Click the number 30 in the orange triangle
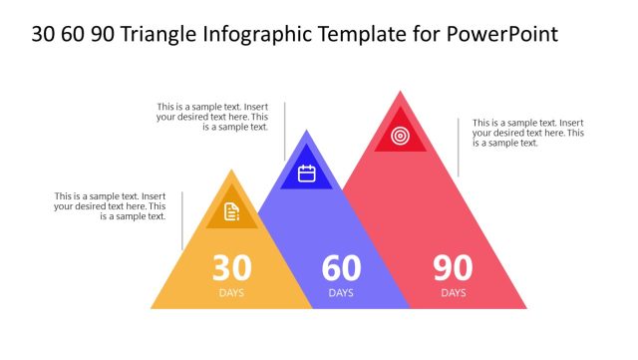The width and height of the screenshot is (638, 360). pos(231,268)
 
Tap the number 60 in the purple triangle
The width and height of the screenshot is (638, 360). pos(341,268)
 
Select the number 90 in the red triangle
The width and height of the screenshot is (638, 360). pos(453,268)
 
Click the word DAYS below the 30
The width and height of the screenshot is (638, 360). pos(231,293)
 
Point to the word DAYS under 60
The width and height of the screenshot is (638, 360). pos(341,293)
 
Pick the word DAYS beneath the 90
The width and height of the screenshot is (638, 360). pos(453,293)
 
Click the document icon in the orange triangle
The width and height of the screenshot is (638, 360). pos(231,211)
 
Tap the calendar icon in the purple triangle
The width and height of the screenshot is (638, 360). pos(306,174)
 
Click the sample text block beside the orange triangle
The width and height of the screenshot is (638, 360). pos(111,206)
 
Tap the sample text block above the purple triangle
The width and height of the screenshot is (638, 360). pos(212,117)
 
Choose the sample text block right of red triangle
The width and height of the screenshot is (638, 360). pos(528,133)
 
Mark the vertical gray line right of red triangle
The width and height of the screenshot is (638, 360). pos(459,147)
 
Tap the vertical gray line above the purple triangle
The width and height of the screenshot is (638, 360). pos(284,131)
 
